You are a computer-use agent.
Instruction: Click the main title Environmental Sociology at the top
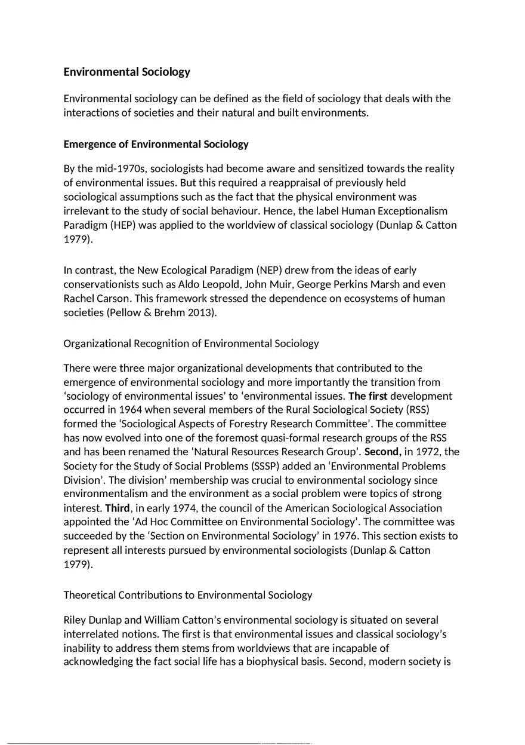126,72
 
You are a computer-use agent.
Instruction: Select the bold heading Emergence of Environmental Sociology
156,145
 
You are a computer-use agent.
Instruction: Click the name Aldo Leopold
265,284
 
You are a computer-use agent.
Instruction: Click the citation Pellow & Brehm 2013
160,312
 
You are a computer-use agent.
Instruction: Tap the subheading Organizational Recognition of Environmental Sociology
191,344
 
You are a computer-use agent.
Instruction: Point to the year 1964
131,410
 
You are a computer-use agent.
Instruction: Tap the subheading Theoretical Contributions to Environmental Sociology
188,595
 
